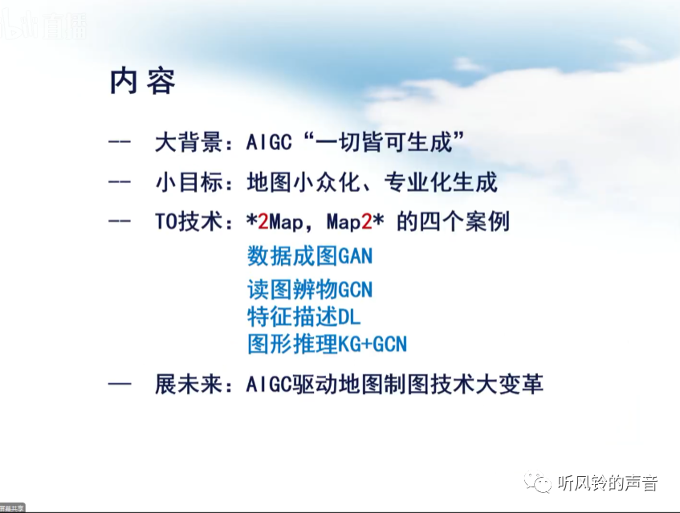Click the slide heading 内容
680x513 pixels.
point(142,82)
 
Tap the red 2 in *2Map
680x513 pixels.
point(263,222)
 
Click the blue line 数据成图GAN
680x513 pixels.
point(310,257)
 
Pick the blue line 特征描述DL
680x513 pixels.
point(304,316)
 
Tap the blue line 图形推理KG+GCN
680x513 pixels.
point(327,344)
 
